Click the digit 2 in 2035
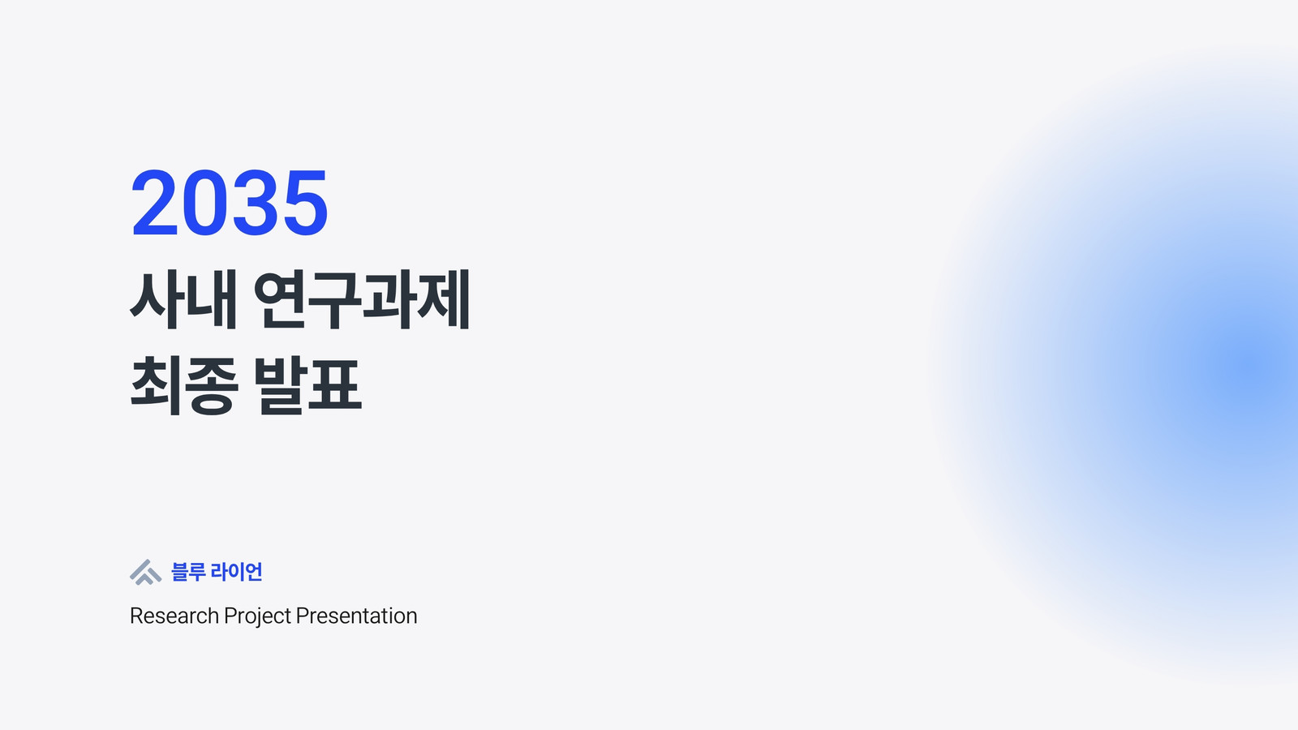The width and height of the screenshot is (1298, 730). (x=155, y=204)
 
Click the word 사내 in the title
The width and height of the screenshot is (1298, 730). (x=183, y=299)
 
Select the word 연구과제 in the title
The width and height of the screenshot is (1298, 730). (x=362, y=299)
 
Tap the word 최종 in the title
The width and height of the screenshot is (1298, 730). (x=184, y=385)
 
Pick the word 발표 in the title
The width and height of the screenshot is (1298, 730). (x=307, y=385)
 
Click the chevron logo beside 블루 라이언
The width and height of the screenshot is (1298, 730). (x=145, y=573)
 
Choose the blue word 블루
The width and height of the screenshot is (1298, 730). (x=188, y=572)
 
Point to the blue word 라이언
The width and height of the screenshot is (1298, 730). (x=236, y=572)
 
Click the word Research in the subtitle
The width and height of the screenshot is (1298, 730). (x=174, y=616)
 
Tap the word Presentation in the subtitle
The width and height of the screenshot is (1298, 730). (x=356, y=616)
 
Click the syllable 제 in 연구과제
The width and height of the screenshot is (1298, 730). (x=443, y=299)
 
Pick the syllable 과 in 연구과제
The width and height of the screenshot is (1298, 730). (x=389, y=299)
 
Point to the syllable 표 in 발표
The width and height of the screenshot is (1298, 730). (x=335, y=385)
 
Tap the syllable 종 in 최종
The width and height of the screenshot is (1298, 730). (x=212, y=386)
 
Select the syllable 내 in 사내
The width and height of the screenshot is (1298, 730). (x=212, y=299)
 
